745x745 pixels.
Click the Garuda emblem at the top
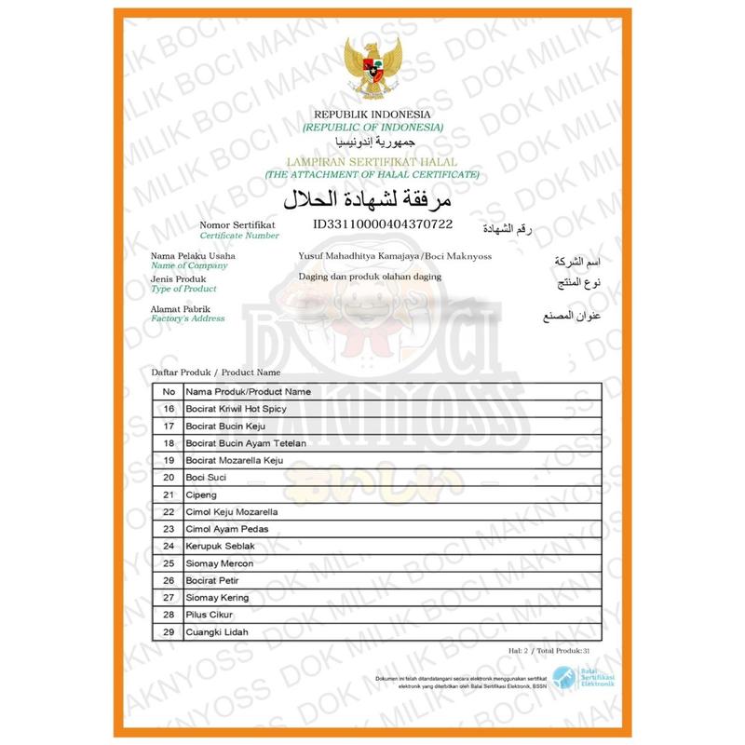point(372,68)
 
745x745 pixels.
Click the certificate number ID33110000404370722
point(383,224)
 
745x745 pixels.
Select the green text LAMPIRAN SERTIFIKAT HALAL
point(372,161)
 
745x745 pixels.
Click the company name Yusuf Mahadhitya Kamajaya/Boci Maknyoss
point(395,256)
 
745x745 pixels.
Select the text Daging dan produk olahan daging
point(370,277)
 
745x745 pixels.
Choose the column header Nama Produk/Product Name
point(249,391)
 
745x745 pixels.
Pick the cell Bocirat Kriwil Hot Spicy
point(238,409)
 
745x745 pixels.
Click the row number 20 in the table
point(169,478)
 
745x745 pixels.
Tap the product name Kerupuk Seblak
point(220,546)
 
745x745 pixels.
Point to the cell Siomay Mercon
point(218,563)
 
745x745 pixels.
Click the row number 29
point(169,632)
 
